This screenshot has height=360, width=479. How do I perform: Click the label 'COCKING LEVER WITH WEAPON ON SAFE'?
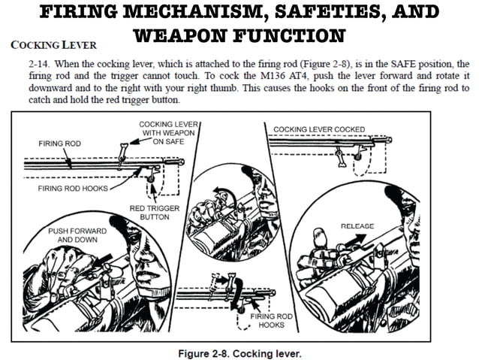164,132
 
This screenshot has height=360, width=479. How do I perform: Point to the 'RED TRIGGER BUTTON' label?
150,212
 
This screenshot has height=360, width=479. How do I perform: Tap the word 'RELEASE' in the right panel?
357,225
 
